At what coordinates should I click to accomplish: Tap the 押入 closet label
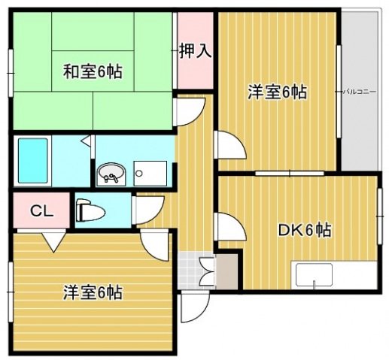pos(195,51)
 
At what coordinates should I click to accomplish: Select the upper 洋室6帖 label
pos(278,92)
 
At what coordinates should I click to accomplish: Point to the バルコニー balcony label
pos(360,91)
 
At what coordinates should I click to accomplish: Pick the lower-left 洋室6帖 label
pos(93,292)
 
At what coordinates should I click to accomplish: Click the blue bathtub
pos(32,159)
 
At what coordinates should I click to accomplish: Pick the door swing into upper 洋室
pos(227,145)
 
